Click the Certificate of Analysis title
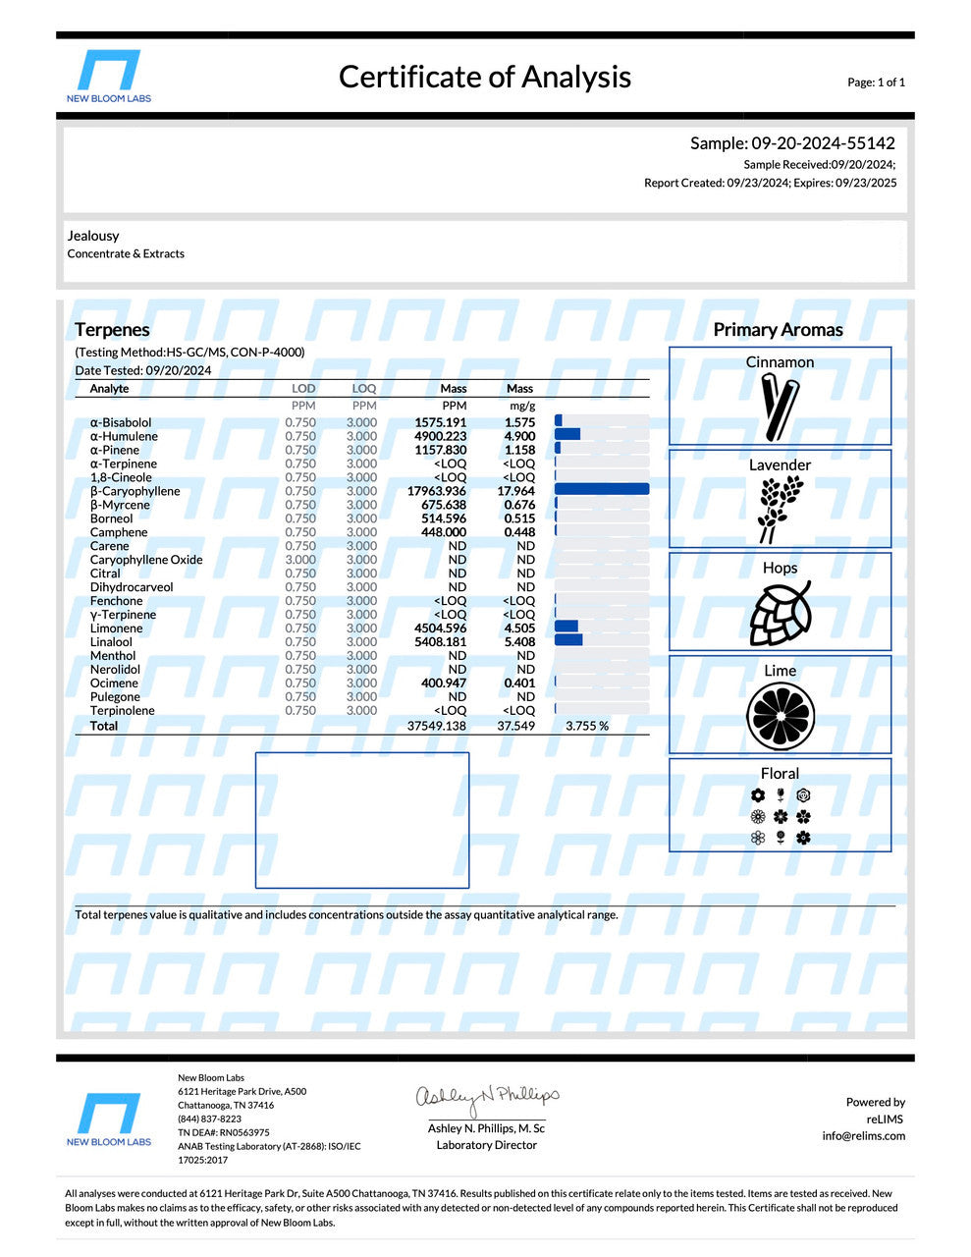[484, 78]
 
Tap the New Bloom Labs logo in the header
[108, 75]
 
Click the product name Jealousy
[93, 236]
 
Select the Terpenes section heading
[112, 330]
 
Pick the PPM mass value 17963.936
[437, 491]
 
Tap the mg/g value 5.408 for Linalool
[519, 642]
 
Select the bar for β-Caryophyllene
[602, 490]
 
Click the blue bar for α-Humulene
[567, 435]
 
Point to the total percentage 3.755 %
[587, 727]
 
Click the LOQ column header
[363, 389]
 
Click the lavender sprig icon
[780, 509]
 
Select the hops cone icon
[781, 613]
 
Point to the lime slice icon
[781, 715]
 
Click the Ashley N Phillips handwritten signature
[487, 1097]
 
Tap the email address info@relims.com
[864, 1136]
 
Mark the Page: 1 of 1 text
[876, 82]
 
